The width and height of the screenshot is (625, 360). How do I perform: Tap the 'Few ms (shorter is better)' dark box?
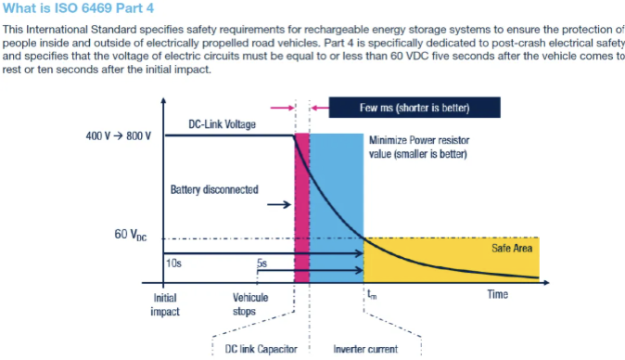[415, 108]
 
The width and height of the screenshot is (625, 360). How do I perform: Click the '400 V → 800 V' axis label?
[119, 136]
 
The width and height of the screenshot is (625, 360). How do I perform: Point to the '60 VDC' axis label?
[130, 235]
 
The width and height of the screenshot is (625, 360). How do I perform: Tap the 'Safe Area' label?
[508, 249]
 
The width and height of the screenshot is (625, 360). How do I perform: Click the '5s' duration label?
[263, 263]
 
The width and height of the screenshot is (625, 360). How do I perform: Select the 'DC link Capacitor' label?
[261, 349]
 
